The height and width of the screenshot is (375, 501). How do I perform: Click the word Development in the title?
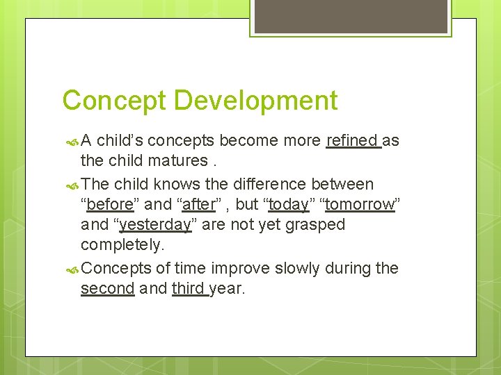[255, 101]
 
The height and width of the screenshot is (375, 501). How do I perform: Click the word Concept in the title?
[115, 101]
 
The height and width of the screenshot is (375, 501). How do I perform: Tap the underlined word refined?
[352, 141]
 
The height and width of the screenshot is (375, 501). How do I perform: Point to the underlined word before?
[110, 205]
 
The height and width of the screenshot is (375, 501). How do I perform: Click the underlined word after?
[198, 205]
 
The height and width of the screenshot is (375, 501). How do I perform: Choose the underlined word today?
[289, 205]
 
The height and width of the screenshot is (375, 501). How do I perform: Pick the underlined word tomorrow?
[360, 205]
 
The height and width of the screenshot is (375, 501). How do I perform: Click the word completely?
[122, 245]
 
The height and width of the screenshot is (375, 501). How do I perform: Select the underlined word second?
[107, 288]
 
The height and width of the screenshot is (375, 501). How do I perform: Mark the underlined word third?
[189, 288]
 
